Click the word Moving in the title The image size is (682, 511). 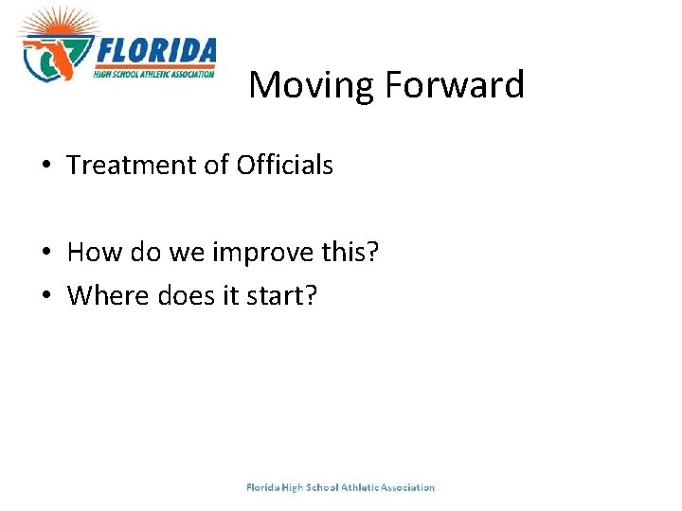pos(312,86)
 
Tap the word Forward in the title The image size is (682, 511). pos(454,85)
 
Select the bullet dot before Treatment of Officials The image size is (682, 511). pos(45,166)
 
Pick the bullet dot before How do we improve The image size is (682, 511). pos(45,253)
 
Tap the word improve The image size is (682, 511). pos(259,253)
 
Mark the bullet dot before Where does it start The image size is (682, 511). pos(45,296)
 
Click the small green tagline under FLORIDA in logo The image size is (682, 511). pos(154,72)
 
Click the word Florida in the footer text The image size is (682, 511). pos(262,487)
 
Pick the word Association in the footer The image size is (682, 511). pos(407,487)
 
